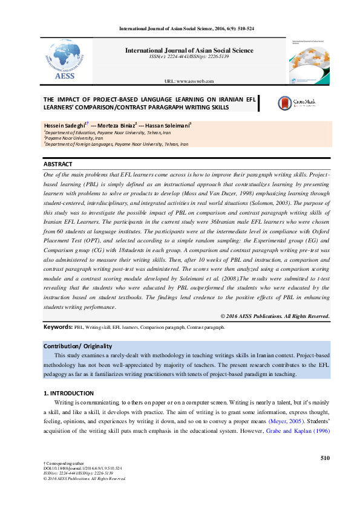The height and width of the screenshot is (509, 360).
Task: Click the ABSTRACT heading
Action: tap(58, 164)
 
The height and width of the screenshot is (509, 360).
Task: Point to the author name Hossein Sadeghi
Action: tap(65, 125)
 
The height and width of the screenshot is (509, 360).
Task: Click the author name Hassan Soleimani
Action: tap(168, 125)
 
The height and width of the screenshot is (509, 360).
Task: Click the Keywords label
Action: tap(58, 327)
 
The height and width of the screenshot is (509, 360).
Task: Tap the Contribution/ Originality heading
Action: tap(77, 346)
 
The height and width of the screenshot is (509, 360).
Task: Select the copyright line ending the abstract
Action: tap(275, 316)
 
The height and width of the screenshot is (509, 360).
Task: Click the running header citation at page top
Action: tap(186, 28)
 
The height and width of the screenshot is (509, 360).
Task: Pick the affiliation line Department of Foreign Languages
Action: tap(115, 144)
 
